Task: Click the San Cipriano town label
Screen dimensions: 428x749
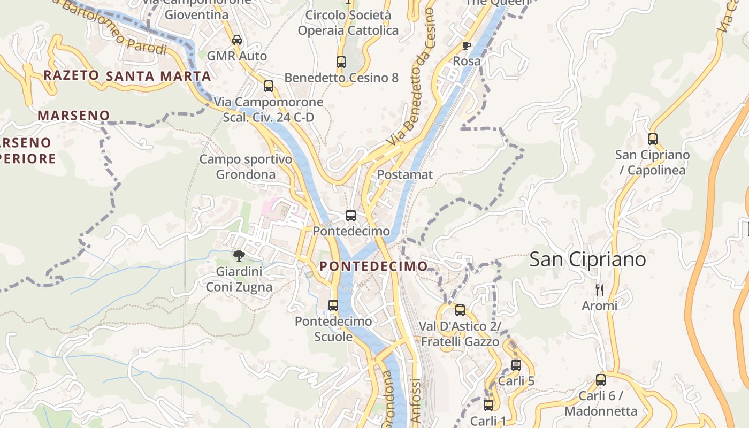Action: (587, 259)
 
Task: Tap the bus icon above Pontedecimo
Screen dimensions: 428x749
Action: (351, 216)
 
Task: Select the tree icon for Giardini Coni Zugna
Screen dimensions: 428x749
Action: (239, 255)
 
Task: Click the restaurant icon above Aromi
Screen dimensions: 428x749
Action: (599, 290)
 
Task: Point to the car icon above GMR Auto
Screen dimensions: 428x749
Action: (237, 40)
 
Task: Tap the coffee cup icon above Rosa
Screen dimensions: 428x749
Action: (466, 45)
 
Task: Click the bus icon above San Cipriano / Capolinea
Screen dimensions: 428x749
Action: (652, 139)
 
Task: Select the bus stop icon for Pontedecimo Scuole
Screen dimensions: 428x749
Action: (333, 305)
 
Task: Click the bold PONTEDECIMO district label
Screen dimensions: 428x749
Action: (373, 266)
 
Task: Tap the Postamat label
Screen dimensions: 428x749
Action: (405, 175)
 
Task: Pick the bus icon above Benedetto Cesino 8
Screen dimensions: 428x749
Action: (341, 62)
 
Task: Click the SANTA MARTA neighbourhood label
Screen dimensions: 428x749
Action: (158, 77)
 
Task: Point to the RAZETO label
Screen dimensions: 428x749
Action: (71, 75)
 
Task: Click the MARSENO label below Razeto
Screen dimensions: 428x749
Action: (73, 115)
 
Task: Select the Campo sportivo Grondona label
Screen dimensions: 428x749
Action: (246, 166)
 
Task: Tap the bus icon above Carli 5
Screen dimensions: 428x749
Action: (516, 365)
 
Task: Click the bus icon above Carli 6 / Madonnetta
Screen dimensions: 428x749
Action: (601, 380)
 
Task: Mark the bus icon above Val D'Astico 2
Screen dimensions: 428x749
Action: (460, 310)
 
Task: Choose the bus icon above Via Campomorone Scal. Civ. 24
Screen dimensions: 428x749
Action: (269, 86)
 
